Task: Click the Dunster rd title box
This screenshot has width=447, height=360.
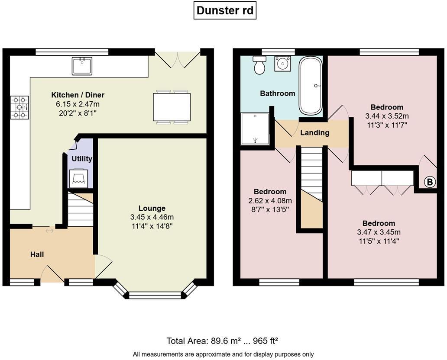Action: tap(225, 10)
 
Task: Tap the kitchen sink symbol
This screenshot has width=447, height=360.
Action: tap(82, 66)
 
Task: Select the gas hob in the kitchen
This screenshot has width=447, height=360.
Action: tap(19, 107)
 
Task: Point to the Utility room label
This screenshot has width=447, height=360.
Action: tap(82, 159)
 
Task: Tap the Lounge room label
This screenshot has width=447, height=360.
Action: tap(152, 208)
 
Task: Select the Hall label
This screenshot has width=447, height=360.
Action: tap(37, 254)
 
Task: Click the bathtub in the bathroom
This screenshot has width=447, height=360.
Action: tap(311, 86)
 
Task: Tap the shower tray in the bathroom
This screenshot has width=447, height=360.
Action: tap(255, 129)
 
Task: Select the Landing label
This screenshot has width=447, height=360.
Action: tap(314, 133)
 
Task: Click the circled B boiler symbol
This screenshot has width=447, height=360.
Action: tap(429, 182)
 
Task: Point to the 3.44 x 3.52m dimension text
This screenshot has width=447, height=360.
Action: tap(387, 116)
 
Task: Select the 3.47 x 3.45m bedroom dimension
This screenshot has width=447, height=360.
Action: tap(379, 232)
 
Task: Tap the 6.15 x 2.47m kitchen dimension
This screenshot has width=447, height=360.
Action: tap(78, 104)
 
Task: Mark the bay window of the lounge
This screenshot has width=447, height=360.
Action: tap(155, 295)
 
